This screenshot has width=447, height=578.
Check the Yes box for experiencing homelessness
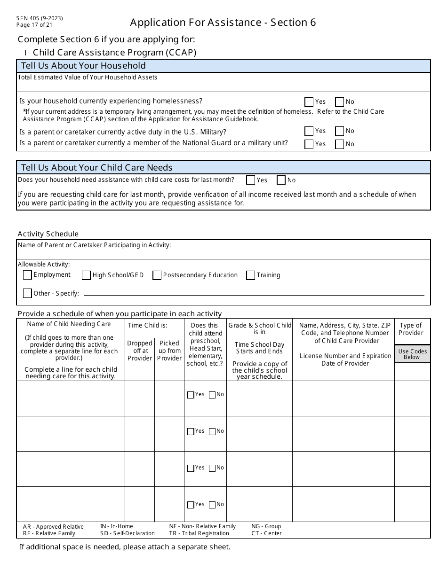(x=309, y=102)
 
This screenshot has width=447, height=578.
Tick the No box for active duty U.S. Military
(x=340, y=131)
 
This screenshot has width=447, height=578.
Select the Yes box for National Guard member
(x=309, y=144)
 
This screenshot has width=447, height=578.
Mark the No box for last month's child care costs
(x=281, y=180)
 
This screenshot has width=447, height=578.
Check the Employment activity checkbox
(x=27, y=275)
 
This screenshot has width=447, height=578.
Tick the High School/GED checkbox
(x=86, y=275)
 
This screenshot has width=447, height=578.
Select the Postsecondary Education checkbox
(x=157, y=275)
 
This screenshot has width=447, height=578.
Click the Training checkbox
(x=251, y=275)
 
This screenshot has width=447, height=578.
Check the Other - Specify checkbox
(x=27, y=293)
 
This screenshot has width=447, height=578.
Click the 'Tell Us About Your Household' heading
(x=83, y=66)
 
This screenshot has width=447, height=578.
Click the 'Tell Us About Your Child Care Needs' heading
(x=96, y=168)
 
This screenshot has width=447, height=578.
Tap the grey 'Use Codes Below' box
(x=412, y=354)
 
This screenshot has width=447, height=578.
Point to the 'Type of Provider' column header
(x=411, y=329)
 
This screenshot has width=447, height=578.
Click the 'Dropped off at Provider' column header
(x=140, y=351)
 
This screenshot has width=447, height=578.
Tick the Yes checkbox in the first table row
(x=191, y=395)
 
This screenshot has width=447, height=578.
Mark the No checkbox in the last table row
(x=212, y=505)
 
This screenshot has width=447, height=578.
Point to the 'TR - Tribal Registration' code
(x=199, y=533)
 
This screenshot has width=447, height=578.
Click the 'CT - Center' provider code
(x=266, y=533)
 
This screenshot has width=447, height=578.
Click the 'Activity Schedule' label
(x=48, y=234)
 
